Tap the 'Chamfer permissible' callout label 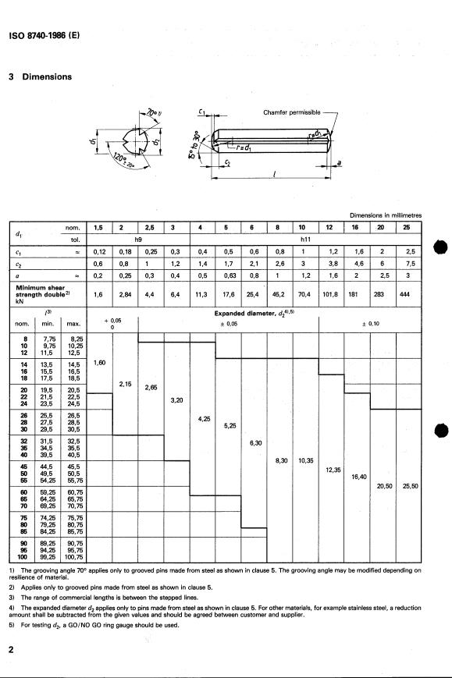291,112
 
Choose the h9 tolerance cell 138,240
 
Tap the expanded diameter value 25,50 408,486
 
